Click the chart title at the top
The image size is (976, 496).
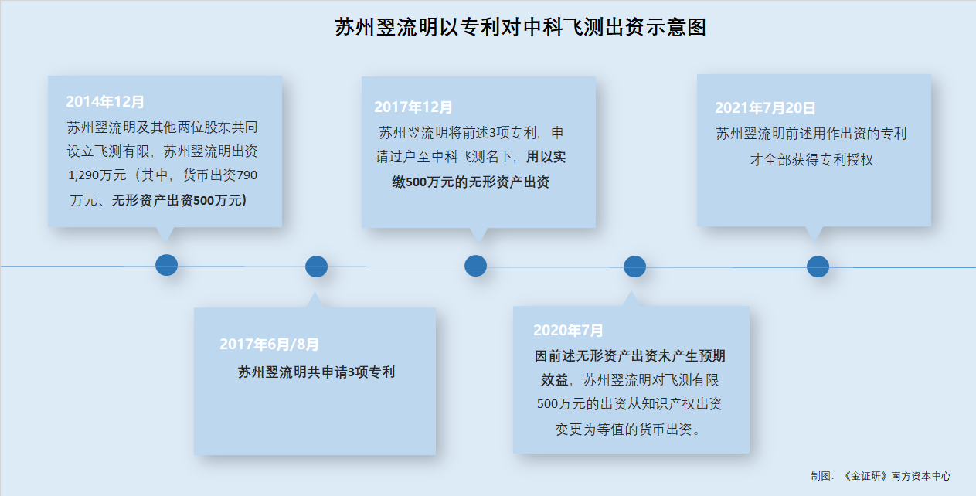pos(520,27)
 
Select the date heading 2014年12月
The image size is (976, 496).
pos(105,102)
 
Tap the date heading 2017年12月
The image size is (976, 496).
pos(413,107)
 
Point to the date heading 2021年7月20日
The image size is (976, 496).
pos(765,108)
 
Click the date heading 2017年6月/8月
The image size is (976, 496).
pos(269,345)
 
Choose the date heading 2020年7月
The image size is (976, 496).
pos(568,331)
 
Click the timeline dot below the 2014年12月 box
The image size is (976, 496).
pos(166,265)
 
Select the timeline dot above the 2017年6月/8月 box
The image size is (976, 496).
pos(316,267)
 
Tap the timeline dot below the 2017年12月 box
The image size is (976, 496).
pos(475,266)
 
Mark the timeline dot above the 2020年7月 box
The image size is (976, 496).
pos(634,267)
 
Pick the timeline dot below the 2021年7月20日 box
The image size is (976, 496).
pos(818,267)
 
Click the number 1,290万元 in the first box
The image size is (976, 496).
pos(97,175)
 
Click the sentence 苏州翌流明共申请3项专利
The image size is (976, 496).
pos(316,372)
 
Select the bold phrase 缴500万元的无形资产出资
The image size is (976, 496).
pos(471,182)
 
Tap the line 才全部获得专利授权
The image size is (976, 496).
pos(811,160)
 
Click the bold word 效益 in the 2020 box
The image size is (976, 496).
pos(554,380)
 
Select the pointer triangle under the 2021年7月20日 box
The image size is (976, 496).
pos(814,233)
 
